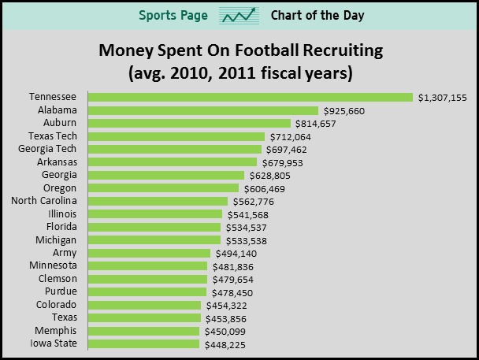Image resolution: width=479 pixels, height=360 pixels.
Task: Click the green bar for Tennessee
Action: (251, 98)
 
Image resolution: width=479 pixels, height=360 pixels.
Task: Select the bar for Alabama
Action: (203, 111)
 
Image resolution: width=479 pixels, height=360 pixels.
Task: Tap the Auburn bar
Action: (189, 124)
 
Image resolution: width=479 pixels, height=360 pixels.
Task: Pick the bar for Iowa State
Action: (144, 344)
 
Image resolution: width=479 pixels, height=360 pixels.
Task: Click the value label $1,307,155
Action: (443, 98)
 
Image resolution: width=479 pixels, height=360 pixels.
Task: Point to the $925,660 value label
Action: (343, 111)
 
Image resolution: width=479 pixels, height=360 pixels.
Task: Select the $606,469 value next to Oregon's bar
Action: (264, 188)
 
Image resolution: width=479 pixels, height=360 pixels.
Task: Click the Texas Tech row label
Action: (55, 136)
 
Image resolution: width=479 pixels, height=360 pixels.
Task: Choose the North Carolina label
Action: (44, 201)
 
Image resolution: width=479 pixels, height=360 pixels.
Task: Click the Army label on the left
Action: (65, 253)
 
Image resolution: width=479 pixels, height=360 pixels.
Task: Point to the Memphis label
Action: (55, 330)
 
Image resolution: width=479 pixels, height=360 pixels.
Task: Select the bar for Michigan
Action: (154, 239)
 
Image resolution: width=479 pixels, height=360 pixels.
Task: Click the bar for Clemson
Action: (147, 279)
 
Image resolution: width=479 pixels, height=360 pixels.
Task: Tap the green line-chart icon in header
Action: (240, 16)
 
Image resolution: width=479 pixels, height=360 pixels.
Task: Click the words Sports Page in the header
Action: (173, 16)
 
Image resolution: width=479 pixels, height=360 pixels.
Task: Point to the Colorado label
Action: (56, 304)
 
